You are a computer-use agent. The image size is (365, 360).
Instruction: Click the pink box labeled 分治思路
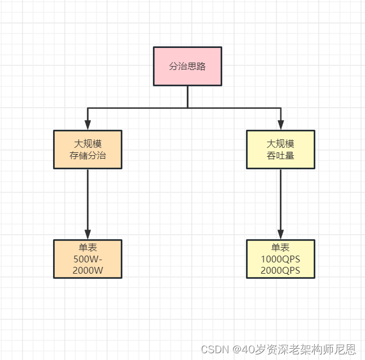187,66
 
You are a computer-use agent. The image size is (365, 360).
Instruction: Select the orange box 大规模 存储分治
87,150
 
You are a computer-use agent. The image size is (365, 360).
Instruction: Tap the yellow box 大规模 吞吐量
280,150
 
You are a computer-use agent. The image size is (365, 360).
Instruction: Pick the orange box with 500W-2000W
87,259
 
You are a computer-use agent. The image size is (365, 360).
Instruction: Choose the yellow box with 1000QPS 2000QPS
280,259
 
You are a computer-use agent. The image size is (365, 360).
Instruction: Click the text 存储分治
87,156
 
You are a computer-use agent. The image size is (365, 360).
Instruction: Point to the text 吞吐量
280,156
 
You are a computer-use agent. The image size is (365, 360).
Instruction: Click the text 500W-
87,259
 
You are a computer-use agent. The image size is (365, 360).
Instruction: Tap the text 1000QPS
280,259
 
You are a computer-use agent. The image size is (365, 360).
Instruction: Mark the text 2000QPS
280,270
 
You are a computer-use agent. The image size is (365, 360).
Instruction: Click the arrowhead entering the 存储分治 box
87,126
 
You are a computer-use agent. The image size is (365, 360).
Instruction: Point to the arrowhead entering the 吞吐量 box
280,126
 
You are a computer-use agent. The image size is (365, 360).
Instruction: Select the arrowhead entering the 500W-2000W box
87,235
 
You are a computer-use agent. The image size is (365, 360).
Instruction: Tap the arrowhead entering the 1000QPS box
280,235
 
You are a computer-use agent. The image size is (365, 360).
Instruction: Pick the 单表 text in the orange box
87,248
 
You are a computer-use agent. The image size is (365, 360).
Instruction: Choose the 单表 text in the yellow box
280,248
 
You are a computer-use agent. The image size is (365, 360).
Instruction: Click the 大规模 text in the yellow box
280,144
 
